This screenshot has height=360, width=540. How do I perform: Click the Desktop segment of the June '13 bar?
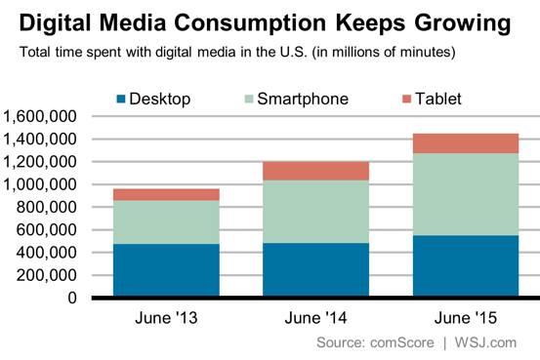151,270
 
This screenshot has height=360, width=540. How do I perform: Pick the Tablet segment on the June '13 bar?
151,194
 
